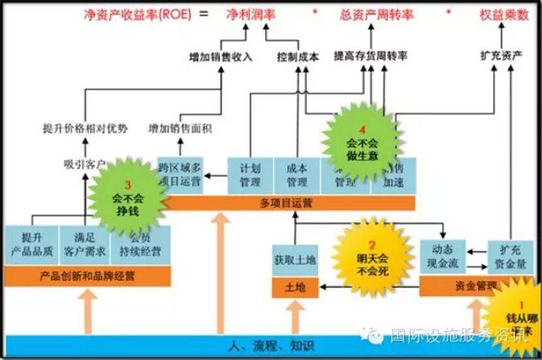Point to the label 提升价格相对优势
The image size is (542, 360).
85,128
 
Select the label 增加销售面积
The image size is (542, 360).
180,128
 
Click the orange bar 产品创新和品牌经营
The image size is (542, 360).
88,276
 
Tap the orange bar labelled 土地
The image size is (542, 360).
295,287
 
